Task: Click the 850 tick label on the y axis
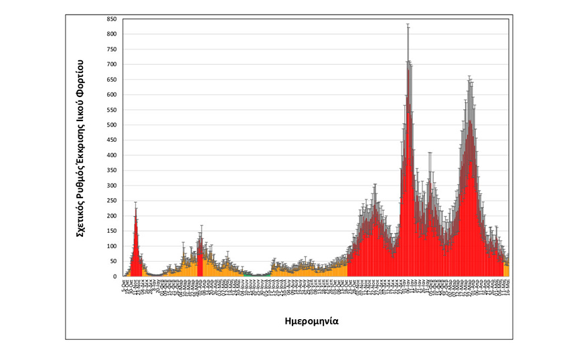[x=112, y=19]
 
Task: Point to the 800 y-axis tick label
[x=112, y=34]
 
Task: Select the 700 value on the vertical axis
[x=112, y=64]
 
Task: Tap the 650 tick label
[x=112, y=80]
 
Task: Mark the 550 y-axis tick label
[x=112, y=110]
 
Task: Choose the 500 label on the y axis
[x=112, y=125]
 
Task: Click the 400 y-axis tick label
[x=112, y=155]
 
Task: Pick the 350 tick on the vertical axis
[x=112, y=171]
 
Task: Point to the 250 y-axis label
[x=112, y=201]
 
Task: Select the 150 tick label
[x=112, y=231]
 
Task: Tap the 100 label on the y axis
[x=112, y=246]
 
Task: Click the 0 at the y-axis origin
[x=116, y=276]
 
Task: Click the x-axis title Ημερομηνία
[x=310, y=321]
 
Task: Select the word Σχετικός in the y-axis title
[x=80, y=218]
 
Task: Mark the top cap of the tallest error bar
[x=408, y=25]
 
